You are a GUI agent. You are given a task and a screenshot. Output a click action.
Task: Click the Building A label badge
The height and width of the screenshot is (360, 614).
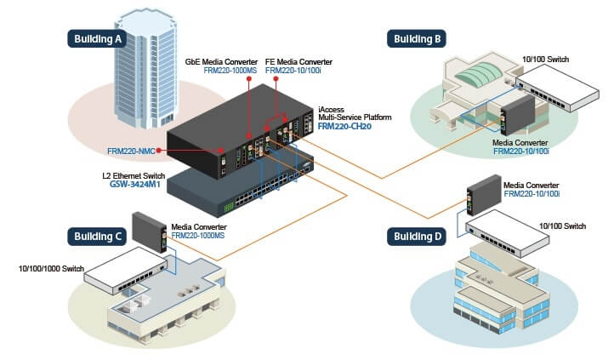(x=98, y=37)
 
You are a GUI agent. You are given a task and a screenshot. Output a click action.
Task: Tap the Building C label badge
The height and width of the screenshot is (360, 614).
(x=98, y=236)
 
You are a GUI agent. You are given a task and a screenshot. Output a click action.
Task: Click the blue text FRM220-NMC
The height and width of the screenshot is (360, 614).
(x=132, y=151)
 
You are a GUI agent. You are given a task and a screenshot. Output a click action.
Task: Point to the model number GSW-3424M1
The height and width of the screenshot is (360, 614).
(x=135, y=183)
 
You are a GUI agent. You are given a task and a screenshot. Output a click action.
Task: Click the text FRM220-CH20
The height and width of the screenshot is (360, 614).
(x=344, y=127)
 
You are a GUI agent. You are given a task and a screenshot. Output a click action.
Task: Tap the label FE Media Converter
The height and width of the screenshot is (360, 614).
(x=298, y=62)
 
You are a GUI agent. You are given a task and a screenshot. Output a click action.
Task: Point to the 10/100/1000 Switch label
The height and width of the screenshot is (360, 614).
(x=51, y=269)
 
